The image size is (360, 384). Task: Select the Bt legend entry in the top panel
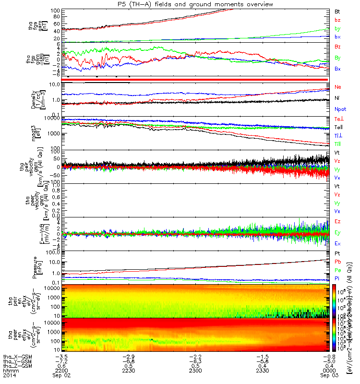[x=337, y=11]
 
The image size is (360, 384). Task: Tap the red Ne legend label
[x=338, y=87]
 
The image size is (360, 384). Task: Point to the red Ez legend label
[x=338, y=221]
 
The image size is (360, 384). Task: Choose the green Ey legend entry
[x=338, y=232]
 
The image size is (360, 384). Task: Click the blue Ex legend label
[x=338, y=243]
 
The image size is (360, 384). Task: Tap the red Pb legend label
[x=338, y=262]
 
